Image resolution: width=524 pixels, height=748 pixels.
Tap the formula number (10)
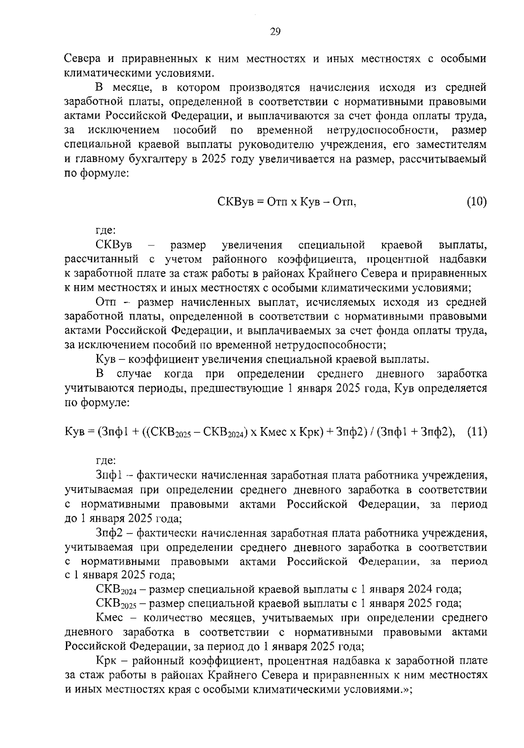click(x=476, y=202)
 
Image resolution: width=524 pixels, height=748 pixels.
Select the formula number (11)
click(x=476, y=432)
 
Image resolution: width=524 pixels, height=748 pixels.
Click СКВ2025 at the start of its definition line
click(x=116, y=604)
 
